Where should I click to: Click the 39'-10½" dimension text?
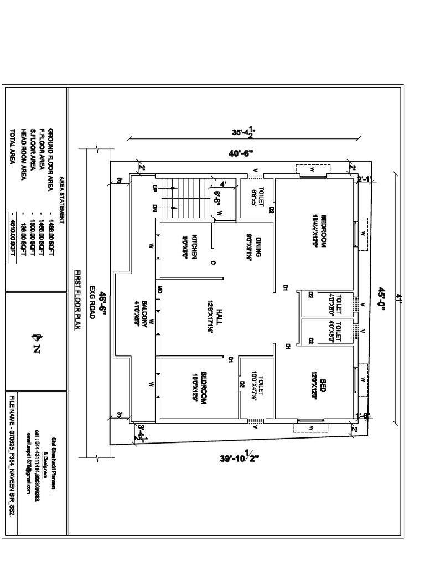coord(239,458)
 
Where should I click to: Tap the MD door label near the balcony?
coord(160,289)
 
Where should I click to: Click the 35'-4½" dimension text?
coord(243,132)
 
